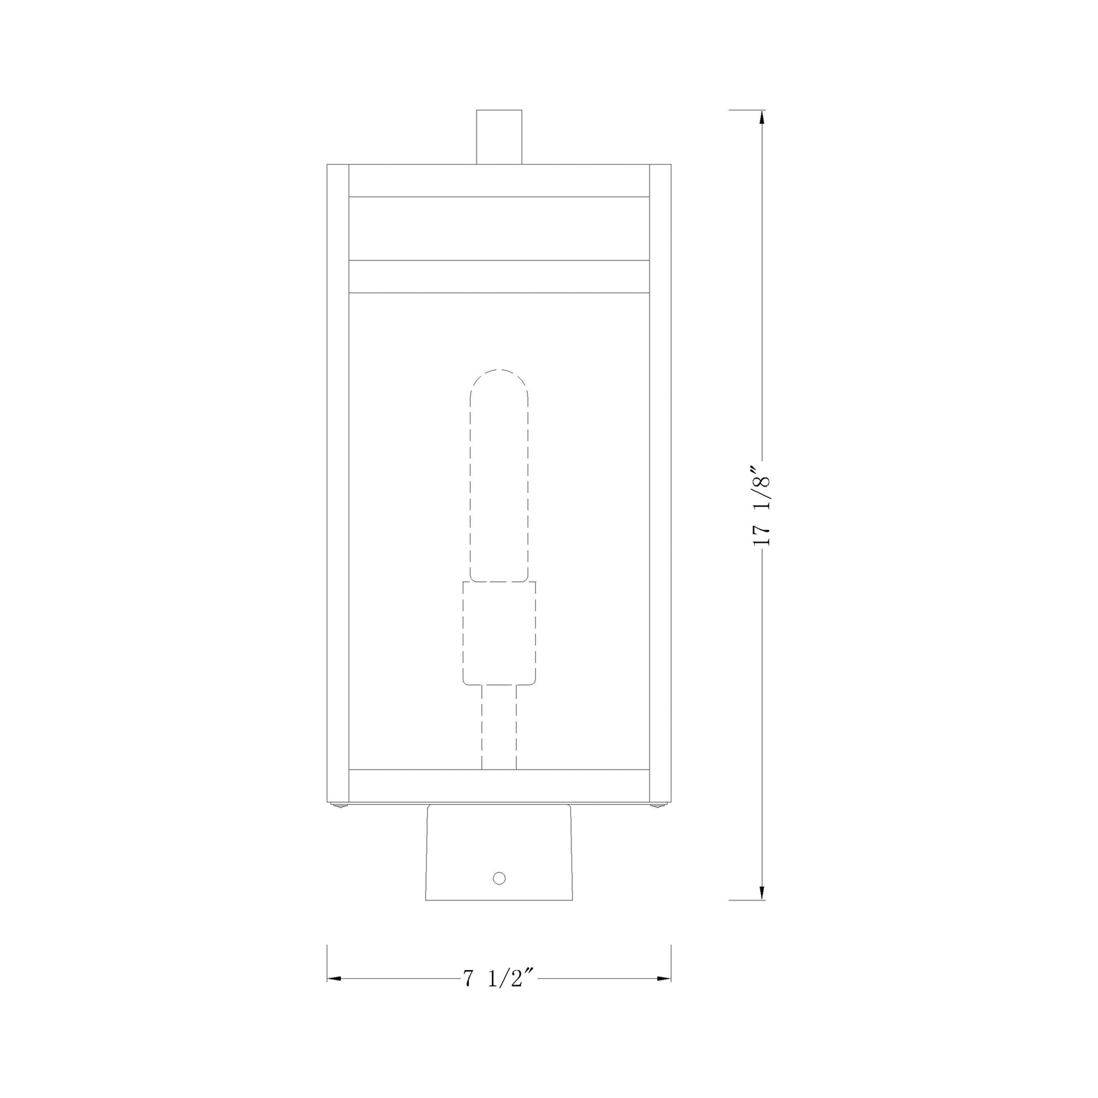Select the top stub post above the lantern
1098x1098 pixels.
(x=499, y=137)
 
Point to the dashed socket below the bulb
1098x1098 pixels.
(x=499, y=633)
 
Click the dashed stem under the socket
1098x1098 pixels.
(x=499, y=727)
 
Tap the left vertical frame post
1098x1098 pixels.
(x=337, y=483)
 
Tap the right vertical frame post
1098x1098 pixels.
(x=660, y=483)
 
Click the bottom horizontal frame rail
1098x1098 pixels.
(x=499, y=785)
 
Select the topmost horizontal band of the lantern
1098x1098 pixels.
(x=499, y=180)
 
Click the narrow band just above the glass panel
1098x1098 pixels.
(x=499, y=277)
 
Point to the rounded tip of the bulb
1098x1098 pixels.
(x=499, y=373)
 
